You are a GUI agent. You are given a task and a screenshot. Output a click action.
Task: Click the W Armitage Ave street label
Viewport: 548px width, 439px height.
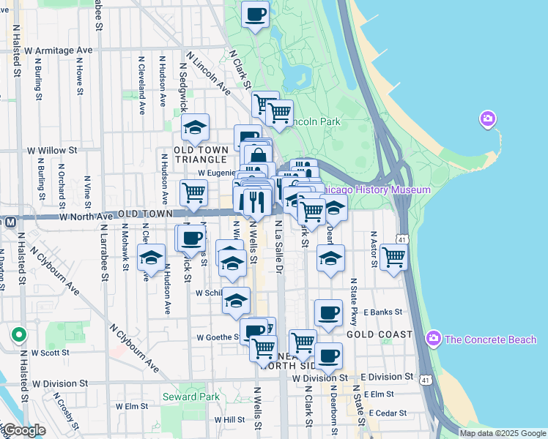[59, 50]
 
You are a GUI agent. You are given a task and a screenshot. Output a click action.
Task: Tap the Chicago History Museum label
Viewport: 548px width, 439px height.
[374, 190]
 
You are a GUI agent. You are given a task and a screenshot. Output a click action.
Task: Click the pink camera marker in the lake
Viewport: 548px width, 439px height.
[487, 119]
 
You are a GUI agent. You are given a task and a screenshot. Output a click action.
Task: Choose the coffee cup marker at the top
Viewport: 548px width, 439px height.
[255, 15]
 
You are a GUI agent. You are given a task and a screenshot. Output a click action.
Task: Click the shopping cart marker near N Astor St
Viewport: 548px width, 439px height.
[394, 258]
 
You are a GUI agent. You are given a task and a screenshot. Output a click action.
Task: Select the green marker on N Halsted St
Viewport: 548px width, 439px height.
[19, 335]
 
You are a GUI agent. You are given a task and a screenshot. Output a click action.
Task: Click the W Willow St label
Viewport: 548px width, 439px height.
[52, 150]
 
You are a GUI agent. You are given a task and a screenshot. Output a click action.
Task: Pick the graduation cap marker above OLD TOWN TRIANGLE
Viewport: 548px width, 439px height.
[196, 129]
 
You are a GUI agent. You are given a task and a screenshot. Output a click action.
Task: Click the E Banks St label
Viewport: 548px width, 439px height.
[383, 312]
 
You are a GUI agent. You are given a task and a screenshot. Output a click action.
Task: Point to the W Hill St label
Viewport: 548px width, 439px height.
[229, 420]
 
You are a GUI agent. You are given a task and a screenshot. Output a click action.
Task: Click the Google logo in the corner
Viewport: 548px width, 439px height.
[24, 430]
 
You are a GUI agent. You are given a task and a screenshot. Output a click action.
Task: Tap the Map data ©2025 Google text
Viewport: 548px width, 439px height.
[503, 433]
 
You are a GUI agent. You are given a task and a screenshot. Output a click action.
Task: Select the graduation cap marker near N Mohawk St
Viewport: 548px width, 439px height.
[151, 259]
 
